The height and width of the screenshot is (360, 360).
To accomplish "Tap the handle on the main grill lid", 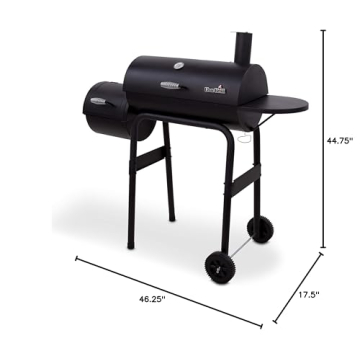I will (x=176, y=89).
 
